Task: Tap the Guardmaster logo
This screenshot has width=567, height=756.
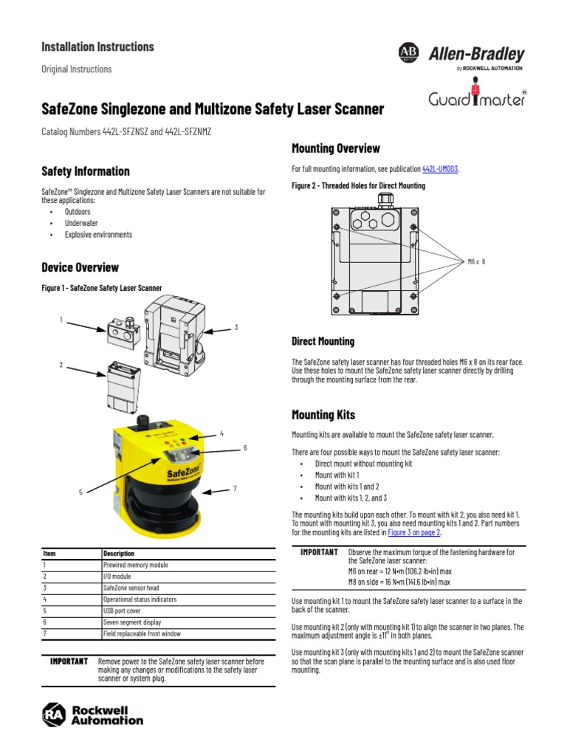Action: coord(477,98)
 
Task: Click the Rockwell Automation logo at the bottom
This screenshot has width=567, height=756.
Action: coord(93,715)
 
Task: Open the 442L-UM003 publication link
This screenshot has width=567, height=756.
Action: coord(440,169)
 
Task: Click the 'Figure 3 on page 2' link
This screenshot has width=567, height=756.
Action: coord(413,532)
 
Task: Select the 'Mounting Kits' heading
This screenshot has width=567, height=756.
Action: coord(323,415)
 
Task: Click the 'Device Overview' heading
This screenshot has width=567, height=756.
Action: coord(80,267)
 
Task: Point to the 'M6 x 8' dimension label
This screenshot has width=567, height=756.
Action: coord(477,261)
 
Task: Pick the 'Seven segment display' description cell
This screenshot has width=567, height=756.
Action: coord(132,622)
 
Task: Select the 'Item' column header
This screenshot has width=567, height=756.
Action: coord(49,553)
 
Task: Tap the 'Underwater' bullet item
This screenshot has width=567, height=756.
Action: coord(80,223)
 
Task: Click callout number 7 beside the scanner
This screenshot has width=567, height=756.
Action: coord(234,488)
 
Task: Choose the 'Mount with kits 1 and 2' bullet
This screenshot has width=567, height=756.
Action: coord(346,487)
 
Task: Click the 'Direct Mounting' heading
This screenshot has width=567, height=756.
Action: coord(323,341)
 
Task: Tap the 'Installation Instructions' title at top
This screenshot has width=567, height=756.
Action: coord(97,47)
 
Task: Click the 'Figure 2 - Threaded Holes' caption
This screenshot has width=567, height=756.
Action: coord(359,186)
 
